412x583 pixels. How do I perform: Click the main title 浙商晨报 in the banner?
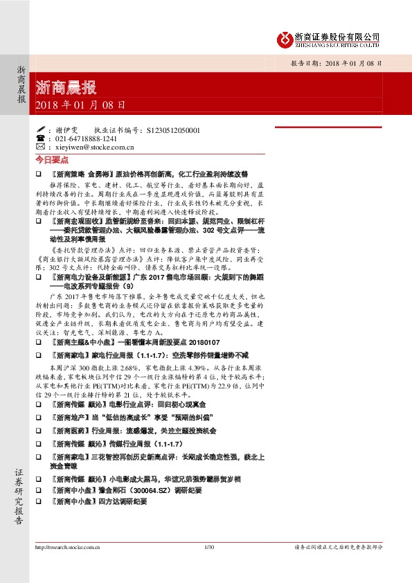click(66, 88)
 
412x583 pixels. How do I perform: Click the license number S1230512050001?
click(174, 129)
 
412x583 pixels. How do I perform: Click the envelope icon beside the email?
click(39, 147)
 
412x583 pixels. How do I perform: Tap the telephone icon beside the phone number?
click(39, 138)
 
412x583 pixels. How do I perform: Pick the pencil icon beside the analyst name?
click(39, 129)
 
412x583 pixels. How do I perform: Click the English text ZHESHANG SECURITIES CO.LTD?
click(337, 44)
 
